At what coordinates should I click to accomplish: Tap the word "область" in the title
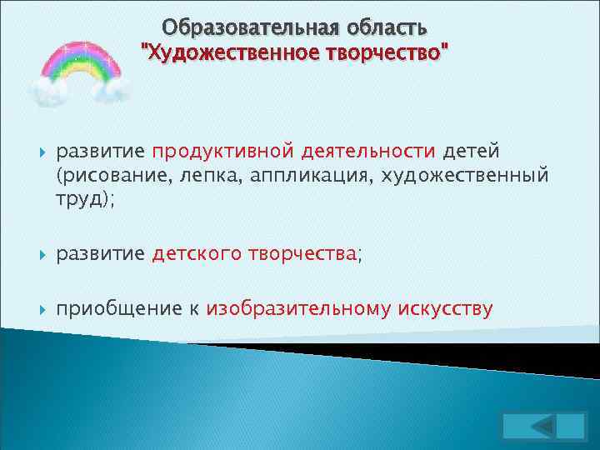[x=382, y=28]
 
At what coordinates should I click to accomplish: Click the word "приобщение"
[x=117, y=310]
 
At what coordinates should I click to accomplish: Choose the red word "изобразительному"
[x=297, y=310]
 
